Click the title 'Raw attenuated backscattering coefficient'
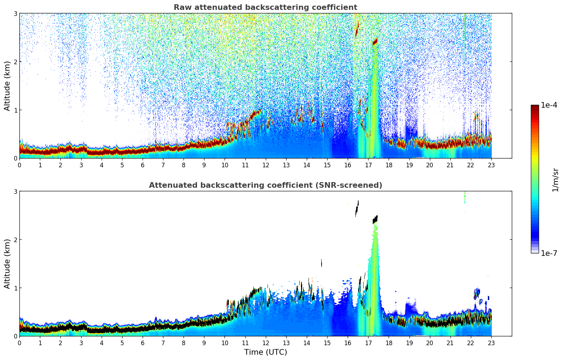pos(265,7)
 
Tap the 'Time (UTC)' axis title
pos(265,352)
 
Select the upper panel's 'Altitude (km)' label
pos(7,86)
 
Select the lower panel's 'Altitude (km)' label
pos(7,264)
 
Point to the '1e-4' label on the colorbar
pos(549,105)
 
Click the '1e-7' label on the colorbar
pos(549,253)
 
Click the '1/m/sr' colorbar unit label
pos(555,180)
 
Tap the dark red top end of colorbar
pos(535,107)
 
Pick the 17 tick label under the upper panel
pos(368,165)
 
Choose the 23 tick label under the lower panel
pos(491,343)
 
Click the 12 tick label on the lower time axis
pos(265,343)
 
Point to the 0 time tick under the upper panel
pos(19,165)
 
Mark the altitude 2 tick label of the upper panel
pos(15,62)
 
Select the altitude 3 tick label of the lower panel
pos(15,191)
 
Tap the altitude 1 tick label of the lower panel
pos(15,288)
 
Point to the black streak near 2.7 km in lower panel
pos(357,208)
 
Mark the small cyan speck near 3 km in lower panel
pos(465,198)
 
